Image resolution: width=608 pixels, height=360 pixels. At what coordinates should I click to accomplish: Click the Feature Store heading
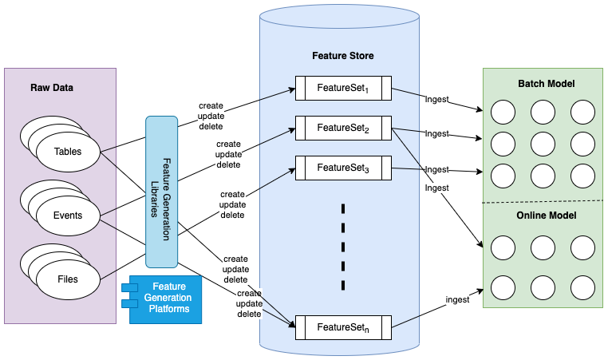click(342, 57)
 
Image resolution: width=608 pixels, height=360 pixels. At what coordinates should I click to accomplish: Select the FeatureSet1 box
click(343, 87)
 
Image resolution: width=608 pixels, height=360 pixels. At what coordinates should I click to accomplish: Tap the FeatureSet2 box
click(343, 127)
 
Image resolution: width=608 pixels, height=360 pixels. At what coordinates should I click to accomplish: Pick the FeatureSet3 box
click(343, 167)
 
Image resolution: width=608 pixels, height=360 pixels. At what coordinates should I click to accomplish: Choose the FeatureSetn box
click(343, 326)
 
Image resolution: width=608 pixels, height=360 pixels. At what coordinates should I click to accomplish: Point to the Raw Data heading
click(52, 87)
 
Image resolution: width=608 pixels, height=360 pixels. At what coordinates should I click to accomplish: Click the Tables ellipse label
click(68, 152)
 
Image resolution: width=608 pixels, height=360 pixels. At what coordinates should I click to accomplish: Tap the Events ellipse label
click(68, 216)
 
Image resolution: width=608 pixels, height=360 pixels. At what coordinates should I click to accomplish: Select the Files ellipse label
click(68, 279)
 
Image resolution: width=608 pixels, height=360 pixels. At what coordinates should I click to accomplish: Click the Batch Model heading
click(546, 84)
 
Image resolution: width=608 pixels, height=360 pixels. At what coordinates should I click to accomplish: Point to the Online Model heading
click(546, 216)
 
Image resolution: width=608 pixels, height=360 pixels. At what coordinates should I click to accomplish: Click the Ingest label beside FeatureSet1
click(436, 100)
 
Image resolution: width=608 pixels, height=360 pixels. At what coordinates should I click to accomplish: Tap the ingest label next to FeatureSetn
click(457, 299)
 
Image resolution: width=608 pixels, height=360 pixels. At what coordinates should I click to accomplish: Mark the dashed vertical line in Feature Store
click(343, 247)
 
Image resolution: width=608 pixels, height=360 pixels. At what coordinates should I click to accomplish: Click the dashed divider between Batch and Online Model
click(546, 200)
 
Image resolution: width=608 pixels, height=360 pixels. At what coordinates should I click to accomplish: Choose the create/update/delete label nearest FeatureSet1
click(211, 116)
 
